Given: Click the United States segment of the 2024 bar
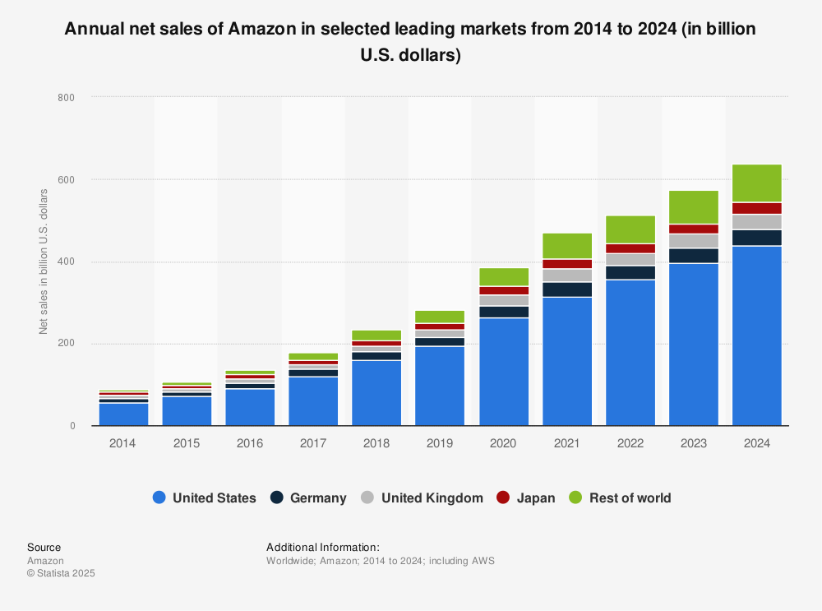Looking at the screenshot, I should (x=756, y=336).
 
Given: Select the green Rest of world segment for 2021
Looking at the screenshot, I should (x=566, y=246).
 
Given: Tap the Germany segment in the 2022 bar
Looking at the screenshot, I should (x=630, y=272).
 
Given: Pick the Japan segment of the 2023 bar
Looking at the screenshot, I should (x=693, y=229).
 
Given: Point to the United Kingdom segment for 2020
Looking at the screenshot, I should (x=503, y=300).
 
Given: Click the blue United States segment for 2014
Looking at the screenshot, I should (x=123, y=414).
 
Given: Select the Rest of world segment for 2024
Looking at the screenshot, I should (x=756, y=183).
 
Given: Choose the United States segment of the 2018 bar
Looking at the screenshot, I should (x=376, y=393).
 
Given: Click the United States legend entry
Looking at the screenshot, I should (x=205, y=498).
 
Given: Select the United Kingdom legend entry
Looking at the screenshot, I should (x=422, y=498).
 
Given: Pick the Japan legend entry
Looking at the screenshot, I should (x=526, y=498).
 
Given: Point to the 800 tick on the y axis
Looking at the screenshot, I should (x=66, y=98).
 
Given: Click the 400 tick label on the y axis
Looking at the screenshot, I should (x=66, y=262).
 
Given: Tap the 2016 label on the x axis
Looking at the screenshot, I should (x=250, y=443).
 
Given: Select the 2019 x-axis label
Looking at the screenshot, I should (x=440, y=443).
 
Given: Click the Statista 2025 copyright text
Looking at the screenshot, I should (x=61, y=573).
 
